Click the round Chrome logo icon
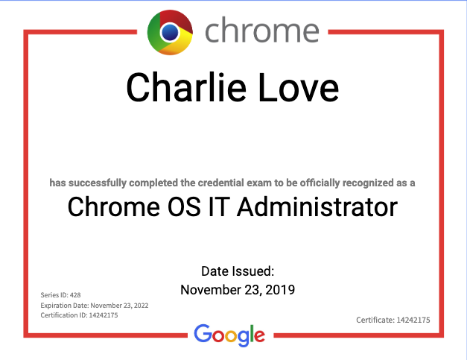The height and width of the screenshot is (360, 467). tap(170, 33)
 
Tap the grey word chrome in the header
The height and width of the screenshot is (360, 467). tap(262, 30)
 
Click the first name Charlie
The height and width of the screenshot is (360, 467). tap(186, 87)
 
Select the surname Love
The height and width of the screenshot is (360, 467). tap(299, 87)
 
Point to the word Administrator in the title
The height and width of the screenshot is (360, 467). tap(317, 206)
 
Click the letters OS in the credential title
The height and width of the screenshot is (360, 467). tap(184, 206)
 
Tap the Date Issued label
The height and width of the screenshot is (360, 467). tap(238, 271)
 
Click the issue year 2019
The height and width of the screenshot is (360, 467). tap(280, 290)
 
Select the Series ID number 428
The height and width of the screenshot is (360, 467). tap(75, 295)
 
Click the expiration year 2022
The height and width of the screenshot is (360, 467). tap(142, 306)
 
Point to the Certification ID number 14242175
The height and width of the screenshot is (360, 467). tap(104, 315)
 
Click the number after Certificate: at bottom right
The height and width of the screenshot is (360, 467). tap(413, 320)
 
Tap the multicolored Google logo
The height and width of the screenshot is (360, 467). tap(229, 335)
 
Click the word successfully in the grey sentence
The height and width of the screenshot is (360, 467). tap(98, 183)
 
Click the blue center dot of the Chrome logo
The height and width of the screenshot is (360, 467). tap(170, 32)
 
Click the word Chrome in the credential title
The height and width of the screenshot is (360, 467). tap(113, 206)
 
